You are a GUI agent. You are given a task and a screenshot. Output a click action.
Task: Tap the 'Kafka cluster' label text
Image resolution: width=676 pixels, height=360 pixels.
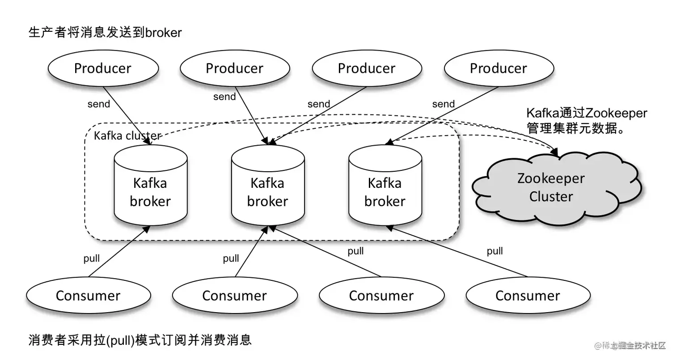(x=127, y=136)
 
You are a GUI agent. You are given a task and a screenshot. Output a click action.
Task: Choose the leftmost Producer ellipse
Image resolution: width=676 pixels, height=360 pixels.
(x=103, y=68)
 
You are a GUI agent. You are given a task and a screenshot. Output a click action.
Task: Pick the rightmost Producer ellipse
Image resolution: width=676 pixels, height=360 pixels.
(x=499, y=68)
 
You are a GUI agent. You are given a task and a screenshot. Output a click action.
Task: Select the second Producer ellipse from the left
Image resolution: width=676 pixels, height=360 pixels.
(x=235, y=68)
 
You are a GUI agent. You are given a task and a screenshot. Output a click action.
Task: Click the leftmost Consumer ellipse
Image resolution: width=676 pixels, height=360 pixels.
(x=88, y=296)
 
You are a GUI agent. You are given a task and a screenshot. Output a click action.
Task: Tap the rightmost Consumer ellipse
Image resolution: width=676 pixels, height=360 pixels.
(x=528, y=296)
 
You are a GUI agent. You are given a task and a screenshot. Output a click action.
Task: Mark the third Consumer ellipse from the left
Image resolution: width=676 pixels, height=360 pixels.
(x=381, y=296)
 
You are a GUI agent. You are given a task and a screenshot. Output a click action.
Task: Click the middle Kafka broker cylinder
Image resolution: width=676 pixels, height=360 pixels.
(x=267, y=188)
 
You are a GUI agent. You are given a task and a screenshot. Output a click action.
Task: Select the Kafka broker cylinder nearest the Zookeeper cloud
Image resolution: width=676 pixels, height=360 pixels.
(x=384, y=188)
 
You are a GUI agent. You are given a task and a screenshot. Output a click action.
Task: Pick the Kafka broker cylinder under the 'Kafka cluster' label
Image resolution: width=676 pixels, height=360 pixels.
(x=150, y=188)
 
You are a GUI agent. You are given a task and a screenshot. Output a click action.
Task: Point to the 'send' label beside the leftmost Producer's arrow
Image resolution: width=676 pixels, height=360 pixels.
(x=98, y=104)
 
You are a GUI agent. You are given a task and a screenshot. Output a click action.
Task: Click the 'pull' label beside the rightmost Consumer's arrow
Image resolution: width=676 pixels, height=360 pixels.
(x=495, y=251)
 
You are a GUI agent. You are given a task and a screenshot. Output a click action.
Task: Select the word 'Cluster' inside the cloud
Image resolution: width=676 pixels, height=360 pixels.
(x=551, y=197)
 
